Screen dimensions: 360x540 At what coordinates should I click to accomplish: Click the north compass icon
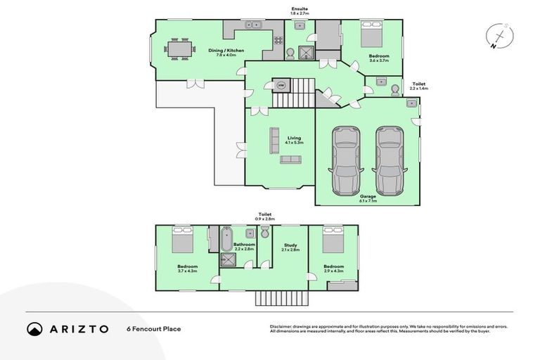499,37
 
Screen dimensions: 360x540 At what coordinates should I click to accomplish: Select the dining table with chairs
179,49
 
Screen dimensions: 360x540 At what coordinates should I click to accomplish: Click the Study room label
290,247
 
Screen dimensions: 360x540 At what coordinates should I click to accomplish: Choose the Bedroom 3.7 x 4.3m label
187,269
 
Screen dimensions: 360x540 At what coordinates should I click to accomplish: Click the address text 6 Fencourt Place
153,328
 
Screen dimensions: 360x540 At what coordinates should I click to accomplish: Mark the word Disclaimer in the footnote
281,327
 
